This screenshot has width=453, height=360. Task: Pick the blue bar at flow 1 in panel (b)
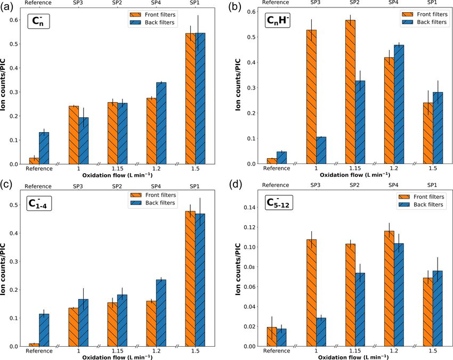point(321,150)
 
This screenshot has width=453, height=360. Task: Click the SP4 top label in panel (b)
point(393,3)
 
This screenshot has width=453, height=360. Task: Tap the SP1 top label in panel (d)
point(432,186)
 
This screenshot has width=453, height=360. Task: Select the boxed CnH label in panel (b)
point(277,21)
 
